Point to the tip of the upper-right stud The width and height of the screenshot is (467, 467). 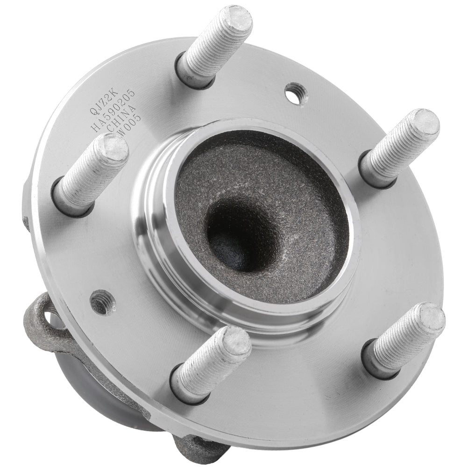point(424,124)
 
